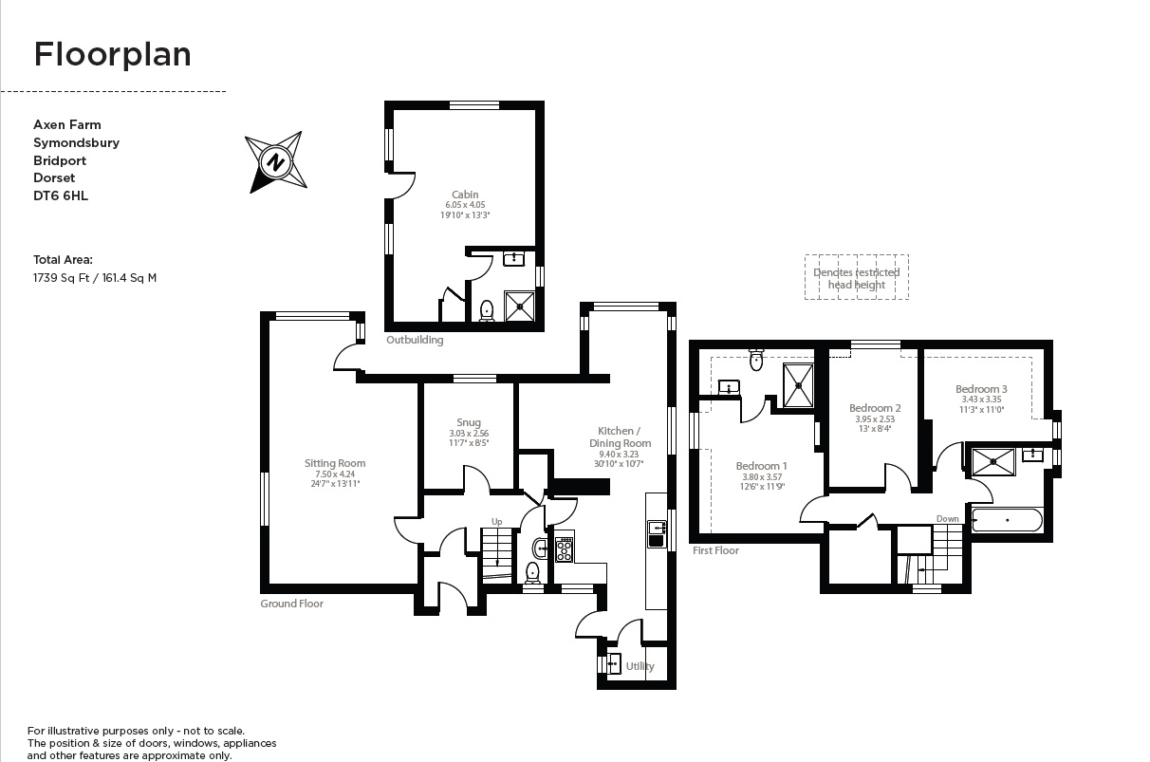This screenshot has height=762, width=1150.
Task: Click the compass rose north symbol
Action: (276, 162)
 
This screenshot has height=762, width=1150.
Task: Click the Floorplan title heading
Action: (112, 54)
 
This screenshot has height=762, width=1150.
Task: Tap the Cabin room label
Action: (465, 195)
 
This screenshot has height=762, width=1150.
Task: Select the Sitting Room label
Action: (334, 463)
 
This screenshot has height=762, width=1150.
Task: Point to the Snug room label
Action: (468, 422)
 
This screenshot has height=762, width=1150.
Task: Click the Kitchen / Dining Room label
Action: (624, 437)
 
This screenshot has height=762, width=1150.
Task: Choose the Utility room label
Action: (640, 666)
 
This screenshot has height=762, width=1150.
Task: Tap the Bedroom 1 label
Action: (761, 466)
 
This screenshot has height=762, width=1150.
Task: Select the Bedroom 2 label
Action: (874, 408)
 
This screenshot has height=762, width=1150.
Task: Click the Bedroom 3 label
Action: (981, 389)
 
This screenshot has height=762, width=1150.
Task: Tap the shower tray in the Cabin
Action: (520, 306)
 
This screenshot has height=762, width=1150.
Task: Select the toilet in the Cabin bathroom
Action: (487, 309)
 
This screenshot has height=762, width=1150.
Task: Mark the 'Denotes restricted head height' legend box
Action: (856, 278)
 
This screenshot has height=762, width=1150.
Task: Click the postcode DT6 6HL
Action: (61, 195)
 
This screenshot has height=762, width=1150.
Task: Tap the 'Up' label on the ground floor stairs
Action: (496, 521)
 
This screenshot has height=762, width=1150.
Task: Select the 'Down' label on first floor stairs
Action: (947, 519)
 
